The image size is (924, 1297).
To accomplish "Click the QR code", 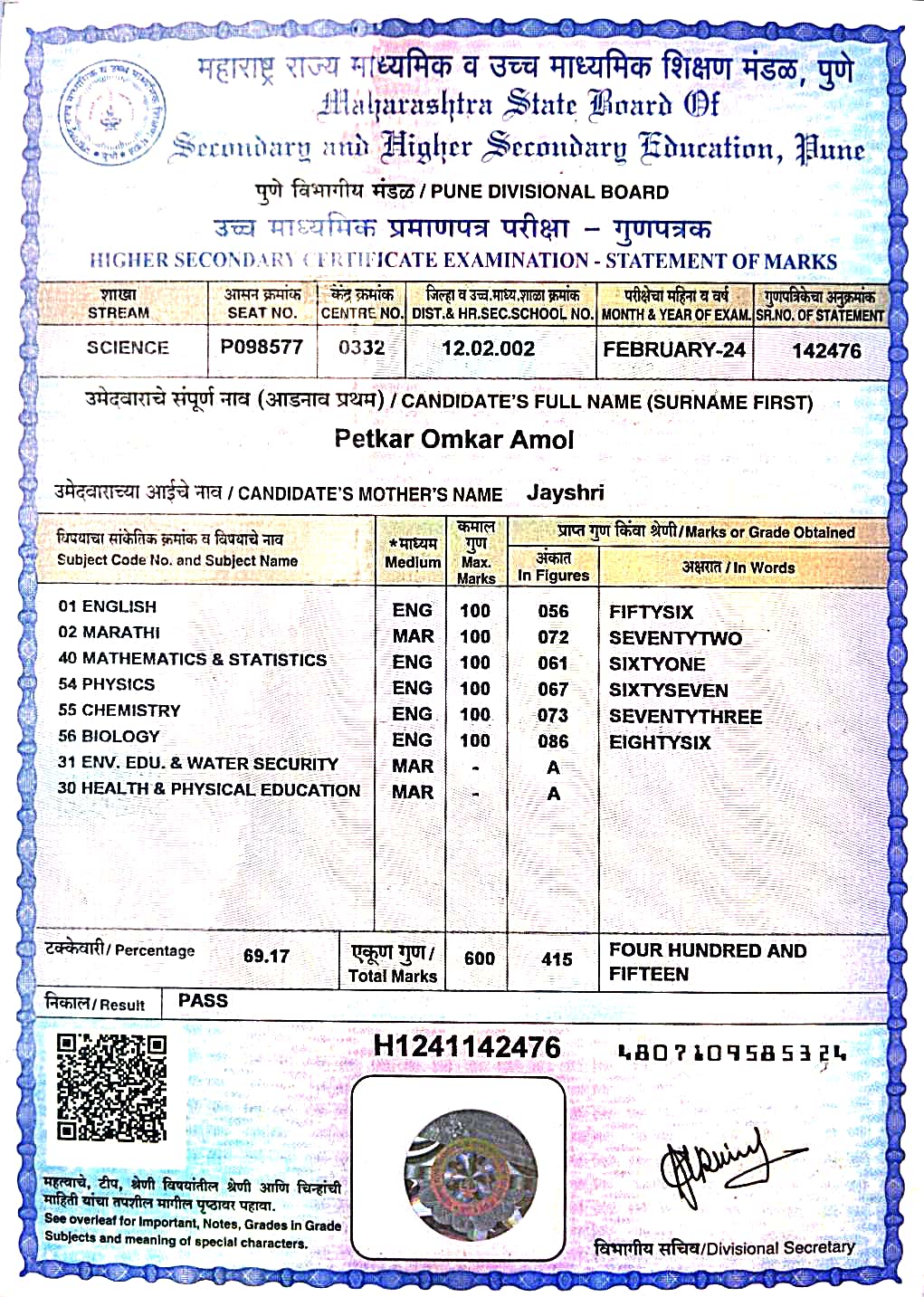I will (x=112, y=1088).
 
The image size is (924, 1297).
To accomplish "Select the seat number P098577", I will (x=262, y=347).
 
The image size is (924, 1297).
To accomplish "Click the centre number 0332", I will (x=361, y=348).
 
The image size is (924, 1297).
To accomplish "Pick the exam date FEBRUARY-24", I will (x=674, y=349).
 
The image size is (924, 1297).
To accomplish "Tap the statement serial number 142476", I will (x=826, y=351).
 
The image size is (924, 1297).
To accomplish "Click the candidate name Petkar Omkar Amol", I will (x=454, y=440).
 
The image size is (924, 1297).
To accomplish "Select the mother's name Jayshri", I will (x=565, y=493).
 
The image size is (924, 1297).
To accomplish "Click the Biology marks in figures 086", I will (x=553, y=741).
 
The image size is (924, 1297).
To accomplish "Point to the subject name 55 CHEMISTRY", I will (x=119, y=710).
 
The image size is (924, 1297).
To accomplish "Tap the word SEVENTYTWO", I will (x=675, y=638).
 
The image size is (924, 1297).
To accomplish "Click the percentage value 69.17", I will (x=266, y=956).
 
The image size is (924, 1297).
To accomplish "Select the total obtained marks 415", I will (x=557, y=958).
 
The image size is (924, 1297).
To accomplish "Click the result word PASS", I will (x=203, y=1000).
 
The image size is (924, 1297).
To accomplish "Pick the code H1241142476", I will (x=467, y=1047).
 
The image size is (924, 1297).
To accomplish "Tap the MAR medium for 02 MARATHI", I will (x=413, y=636).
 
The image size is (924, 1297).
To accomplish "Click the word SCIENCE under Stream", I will (x=128, y=348).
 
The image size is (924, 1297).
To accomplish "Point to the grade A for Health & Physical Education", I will (x=553, y=794).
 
